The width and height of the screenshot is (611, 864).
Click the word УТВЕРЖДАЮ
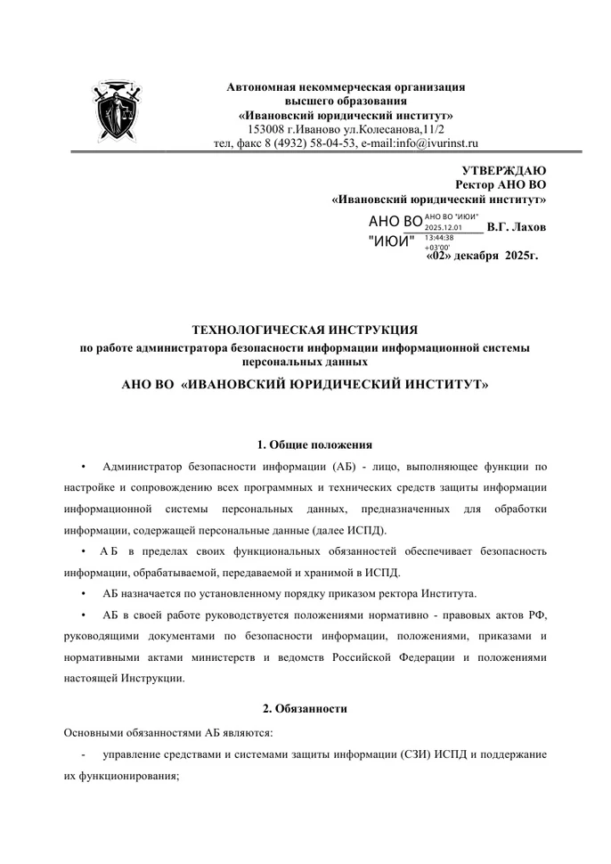coord(504,171)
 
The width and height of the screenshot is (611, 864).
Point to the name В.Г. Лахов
coord(517,227)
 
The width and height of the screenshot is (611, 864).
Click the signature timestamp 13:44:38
coord(439,238)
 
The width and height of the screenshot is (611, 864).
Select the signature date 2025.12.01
coord(443,228)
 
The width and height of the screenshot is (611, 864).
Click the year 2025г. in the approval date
coord(521,256)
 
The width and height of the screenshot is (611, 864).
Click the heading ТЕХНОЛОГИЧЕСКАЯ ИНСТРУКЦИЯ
coord(305,330)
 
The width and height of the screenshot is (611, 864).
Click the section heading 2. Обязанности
coord(305,708)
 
